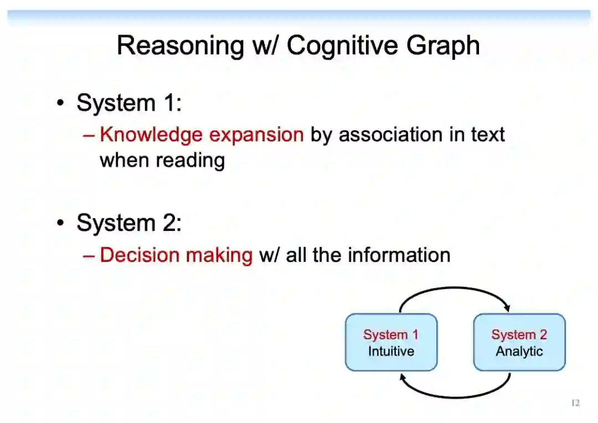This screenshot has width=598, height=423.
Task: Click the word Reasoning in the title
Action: (x=180, y=45)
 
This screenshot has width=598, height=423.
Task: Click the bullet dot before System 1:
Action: (x=61, y=104)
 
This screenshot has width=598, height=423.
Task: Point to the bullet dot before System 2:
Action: (x=61, y=224)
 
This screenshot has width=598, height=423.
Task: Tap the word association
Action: (x=391, y=135)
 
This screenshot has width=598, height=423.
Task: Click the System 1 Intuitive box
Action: (x=391, y=342)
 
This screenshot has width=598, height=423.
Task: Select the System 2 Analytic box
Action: (x=519, y=342)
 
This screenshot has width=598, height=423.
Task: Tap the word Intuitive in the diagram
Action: (x=391, y=351)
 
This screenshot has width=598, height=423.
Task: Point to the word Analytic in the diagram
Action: (x=519, y=351)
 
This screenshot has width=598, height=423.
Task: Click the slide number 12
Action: (x=575, y=403)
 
